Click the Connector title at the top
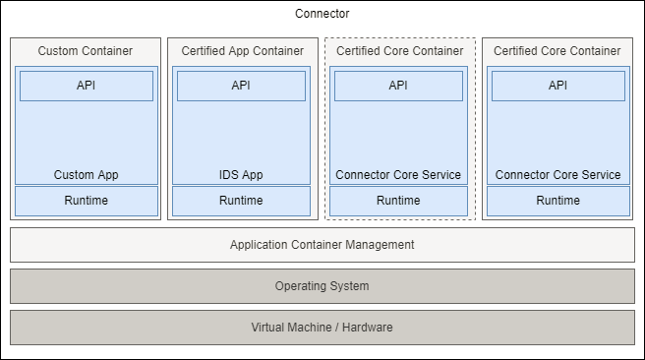(322, 14)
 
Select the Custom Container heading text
(86, 50)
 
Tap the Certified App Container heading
(241, 50)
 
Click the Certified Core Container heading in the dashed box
(398, 50)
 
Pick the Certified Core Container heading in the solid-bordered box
(557, 50)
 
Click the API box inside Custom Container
(87, 86)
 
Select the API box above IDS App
(241, 86)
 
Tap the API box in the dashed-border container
(398, 86)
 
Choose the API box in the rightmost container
(557, 86)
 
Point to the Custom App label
(87, 175)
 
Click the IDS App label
(241, 175)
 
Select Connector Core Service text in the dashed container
(398, 175)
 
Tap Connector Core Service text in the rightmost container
(557, 175)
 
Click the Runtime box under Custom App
(87, 201)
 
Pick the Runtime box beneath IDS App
(241, 201)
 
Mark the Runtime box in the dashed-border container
(398, 201)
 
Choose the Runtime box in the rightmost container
(557, 201)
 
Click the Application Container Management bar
(322, 245)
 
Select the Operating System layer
(322, 286)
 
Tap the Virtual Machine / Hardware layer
(322, 327)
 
